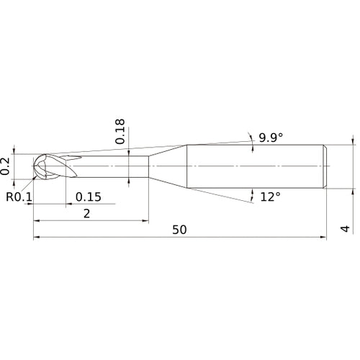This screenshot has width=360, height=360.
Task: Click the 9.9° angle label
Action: pyautogui.click(x=271, y=138)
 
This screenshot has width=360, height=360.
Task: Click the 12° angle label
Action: pyautogui.click(x=270, y=197)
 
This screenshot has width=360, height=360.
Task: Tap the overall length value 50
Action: pyautogui.click(x=179, y=230)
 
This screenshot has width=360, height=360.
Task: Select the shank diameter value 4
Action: pyautogui.click(x=345, y=229)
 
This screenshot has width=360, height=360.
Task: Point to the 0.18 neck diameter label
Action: pyautogui.click(x=120, y=131)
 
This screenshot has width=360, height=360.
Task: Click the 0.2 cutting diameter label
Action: pyautogui.click(x=5, y=166)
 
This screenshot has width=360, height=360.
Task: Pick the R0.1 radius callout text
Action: pyautogui.click(x=19, y=197)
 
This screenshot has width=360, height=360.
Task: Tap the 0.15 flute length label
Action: pyautogui.click(x=89, y=197)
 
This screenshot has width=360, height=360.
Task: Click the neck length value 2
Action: pyautogui.click(x=86, y=213)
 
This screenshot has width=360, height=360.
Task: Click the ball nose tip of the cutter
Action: pyautogui.click(x=34, y=166)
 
